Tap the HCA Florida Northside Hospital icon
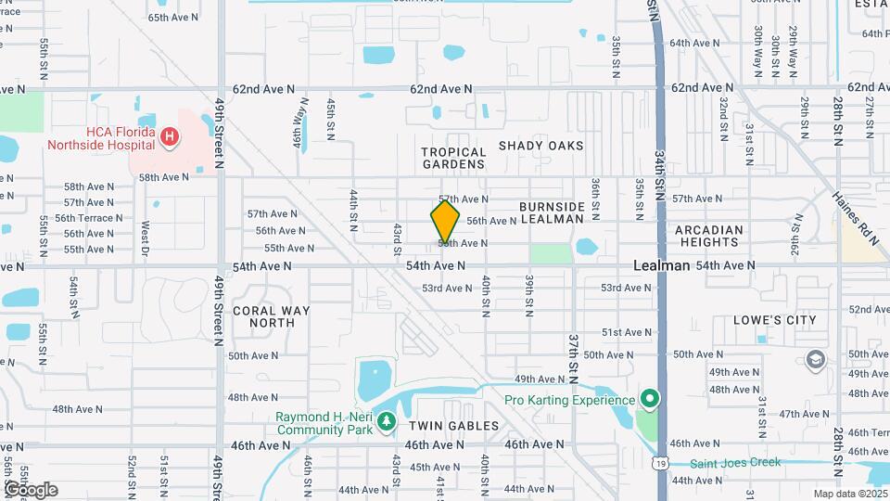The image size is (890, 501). coord(169,138)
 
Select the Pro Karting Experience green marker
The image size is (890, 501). coord(650,400)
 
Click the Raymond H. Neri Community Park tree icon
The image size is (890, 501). coord(386,423)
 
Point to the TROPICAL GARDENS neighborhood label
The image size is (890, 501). coord(453,158)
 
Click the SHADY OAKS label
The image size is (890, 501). coord(541,146)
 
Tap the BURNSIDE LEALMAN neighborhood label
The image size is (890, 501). coord(552,212)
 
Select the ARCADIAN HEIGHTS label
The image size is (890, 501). coord(710,236)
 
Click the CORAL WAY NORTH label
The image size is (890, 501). coord(263,316)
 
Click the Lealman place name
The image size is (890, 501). coord(661,265)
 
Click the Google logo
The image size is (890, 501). coord(31,489)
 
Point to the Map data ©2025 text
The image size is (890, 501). coord(850,494)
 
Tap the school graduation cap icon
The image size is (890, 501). coord(815,359)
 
